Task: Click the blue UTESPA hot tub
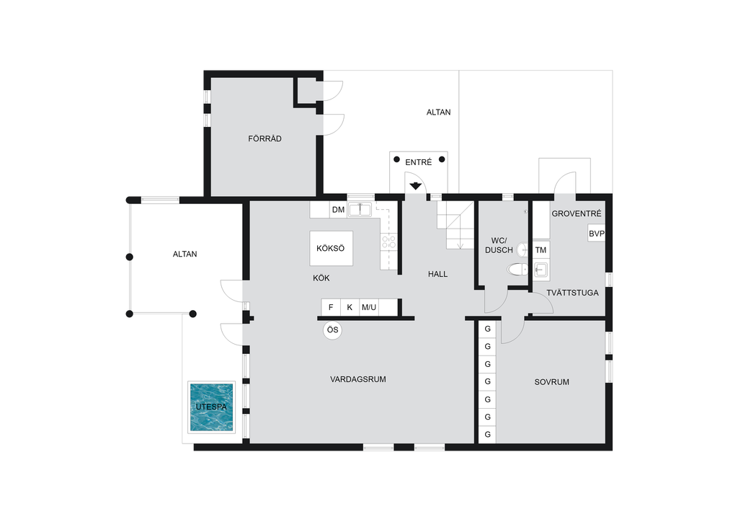pos(211,407)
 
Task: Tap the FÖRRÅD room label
pos(264,139)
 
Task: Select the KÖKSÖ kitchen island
pos(332,248)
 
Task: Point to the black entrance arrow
pos(415,186)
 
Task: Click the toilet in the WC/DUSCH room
pos(517,270)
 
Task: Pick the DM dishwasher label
pos(338,210)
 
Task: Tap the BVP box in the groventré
pos(596,234)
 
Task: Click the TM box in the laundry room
pos(541,250)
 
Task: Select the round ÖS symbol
pos(333,330)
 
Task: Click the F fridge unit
pos(331,307)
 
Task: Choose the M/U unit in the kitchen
pos(369,307)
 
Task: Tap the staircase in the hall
pos(455,225)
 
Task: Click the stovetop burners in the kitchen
pos(388,242)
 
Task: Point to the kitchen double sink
pos(360,210)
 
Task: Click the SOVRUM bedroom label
pos(551,382)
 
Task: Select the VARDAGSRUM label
pos(358,379)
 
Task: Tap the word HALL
pos(437,275)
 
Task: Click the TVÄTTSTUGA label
pos(572,293)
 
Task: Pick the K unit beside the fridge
pos(350,307)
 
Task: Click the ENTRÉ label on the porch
pos(419,162)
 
